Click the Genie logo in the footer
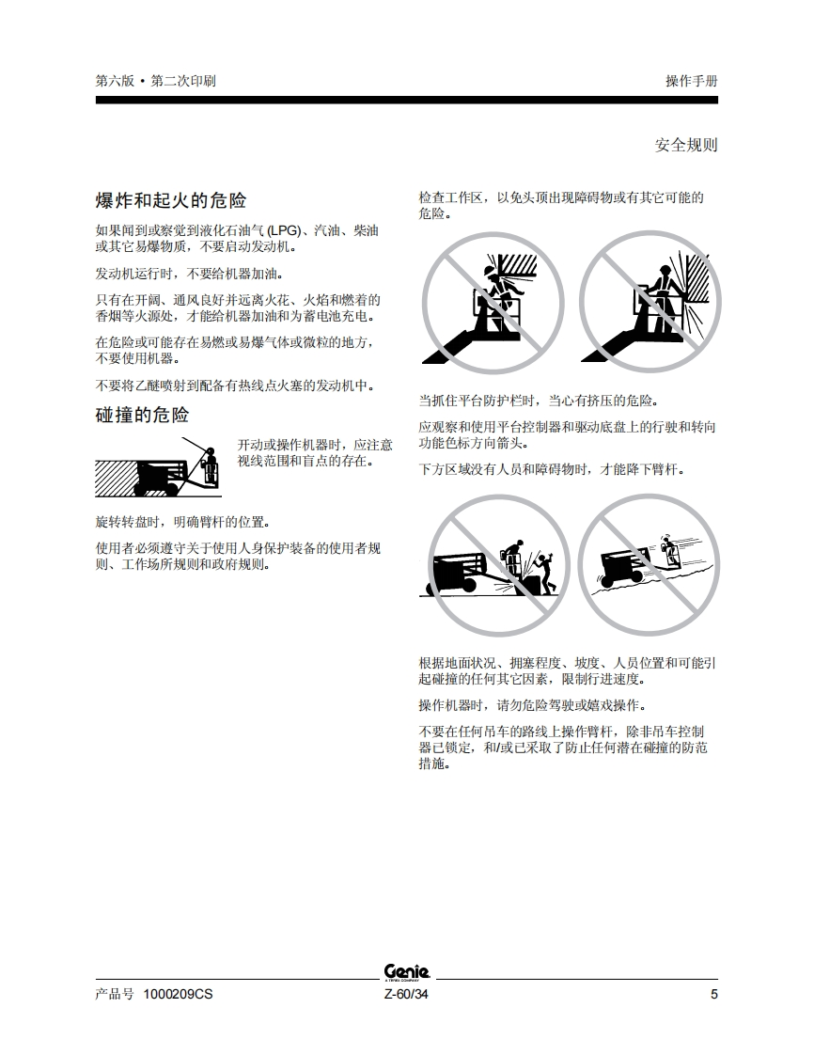click(x=406, y=972)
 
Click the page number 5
click(x=713, y=995)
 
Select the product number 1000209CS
click(x=178, y=995)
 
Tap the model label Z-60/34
click(x=406, y=995)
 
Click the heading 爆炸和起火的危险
click(x=171, y=200)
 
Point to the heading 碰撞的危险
click(x=142, y=416)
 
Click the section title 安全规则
click(x=686, y=145)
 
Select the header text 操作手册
click(x=692, y=81)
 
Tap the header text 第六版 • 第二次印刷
click(x=155, y=81)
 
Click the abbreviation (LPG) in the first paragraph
click(x=283, y=230)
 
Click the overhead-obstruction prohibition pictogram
click(x=493, y=303)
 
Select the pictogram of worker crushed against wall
click(x=650, y=302)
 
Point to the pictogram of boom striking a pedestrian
click(x=498, y=565)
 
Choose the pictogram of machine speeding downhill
click(x=649, y=564)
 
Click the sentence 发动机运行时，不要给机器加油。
click(x=190, y=274)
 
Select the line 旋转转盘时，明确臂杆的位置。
click(x=183, y=522)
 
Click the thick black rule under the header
click(x=406, y=101)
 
